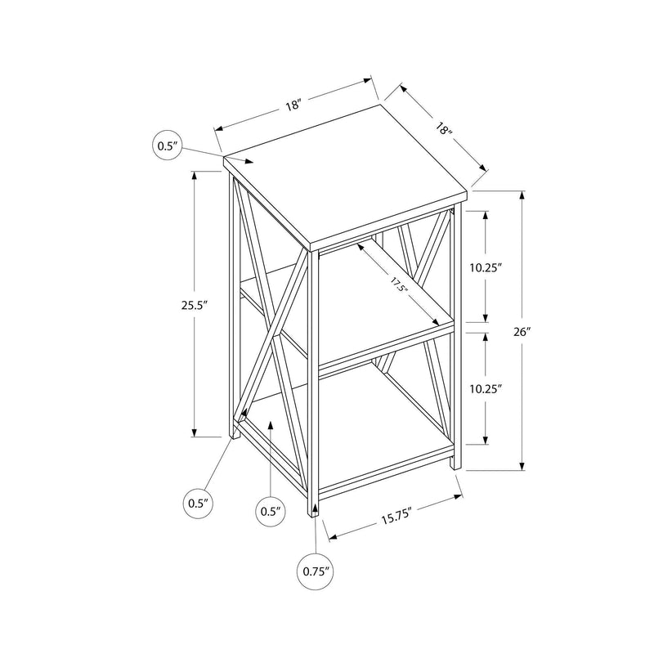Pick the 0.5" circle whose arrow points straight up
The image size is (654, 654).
tap(271, 511)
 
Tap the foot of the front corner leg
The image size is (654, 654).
tap(315, 513)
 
